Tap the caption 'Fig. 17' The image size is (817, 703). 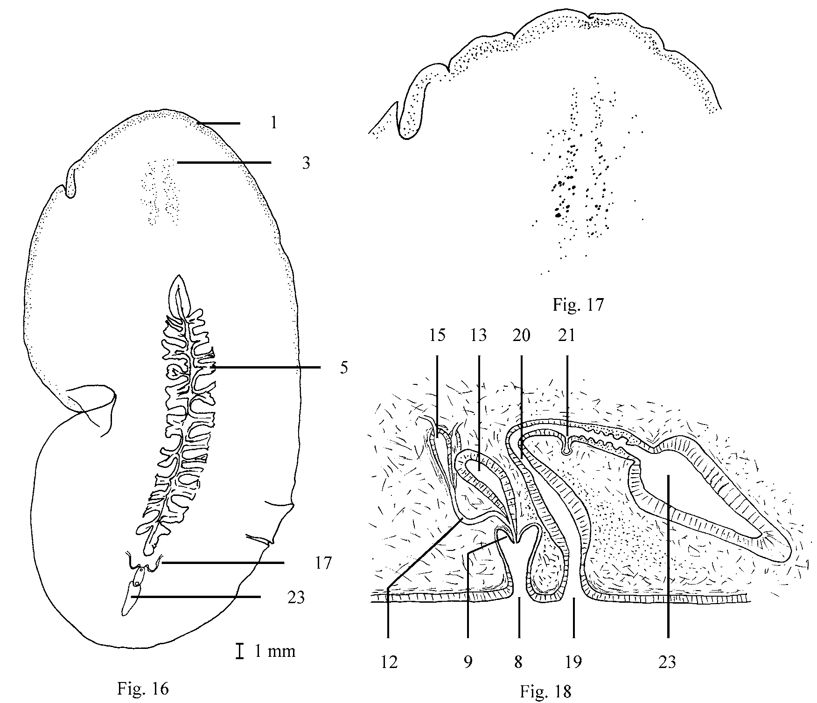(578, 305)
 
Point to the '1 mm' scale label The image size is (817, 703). (275, 651)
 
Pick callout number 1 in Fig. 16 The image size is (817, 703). (274, 123)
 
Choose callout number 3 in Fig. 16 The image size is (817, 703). (306, 163)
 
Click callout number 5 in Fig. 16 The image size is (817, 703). (343, 368)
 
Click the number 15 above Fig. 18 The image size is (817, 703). (437, 335)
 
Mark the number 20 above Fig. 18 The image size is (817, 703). (521, 335)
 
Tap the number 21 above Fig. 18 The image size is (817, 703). (567, 335)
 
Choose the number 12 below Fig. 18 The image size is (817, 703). (389, 661)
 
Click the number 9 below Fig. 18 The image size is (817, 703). (468, 661)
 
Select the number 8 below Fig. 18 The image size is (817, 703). (518, 661)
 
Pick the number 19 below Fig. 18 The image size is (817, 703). (573, 661)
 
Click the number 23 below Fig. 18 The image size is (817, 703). (668, 661)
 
